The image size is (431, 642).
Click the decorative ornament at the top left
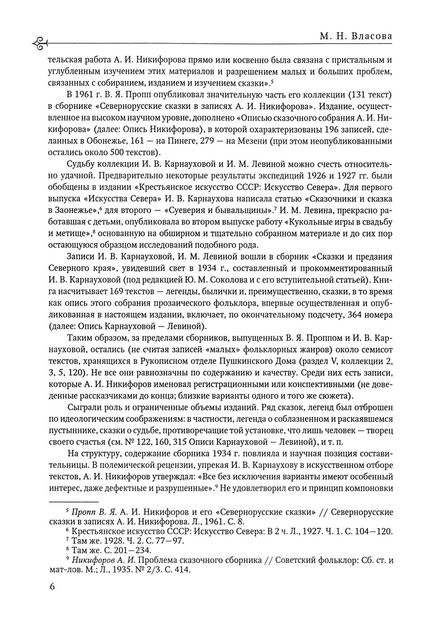coord(39,44)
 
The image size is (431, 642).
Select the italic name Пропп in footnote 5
coord(80,512)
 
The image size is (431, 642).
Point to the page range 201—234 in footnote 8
coord(129,550)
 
